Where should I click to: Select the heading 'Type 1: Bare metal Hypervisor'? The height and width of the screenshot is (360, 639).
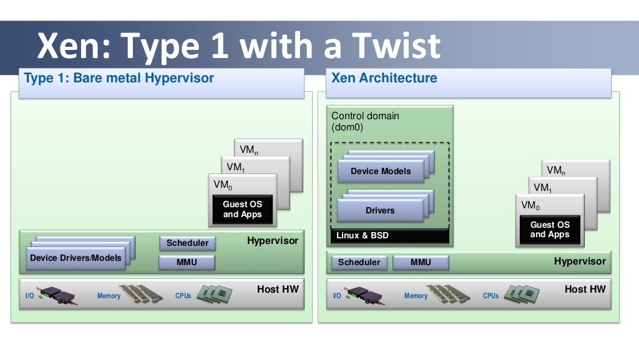pyautogui.click(x=119, y=79)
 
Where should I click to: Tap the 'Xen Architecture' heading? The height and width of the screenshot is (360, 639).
pyautogui.click(x=384, y=79)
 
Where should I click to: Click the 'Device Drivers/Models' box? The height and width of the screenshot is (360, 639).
pyautogui.click(x=76, y=258)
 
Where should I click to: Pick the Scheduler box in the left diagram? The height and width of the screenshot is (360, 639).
pyautogui.click(x=187, y=243)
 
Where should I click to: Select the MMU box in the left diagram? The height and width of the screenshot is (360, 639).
pyautogui.click(x=187, y=262)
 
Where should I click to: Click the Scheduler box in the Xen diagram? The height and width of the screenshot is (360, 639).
pyautogui.click(x=359, y=262)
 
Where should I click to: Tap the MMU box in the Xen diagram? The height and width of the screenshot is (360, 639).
pyautogui.click(x=421, y=262)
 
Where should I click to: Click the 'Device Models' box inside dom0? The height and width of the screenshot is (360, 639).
pyautogui.click(x=380, y=171)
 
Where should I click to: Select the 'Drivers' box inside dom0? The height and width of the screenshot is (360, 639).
pyautogui.click(x=380, y=210)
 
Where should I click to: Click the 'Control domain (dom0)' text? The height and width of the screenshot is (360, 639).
pyautogui.click(x=365, y=121)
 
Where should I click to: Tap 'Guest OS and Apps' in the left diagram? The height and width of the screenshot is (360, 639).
pyautogui.click(x=243, y=209)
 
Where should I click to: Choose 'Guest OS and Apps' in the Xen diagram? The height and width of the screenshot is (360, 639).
pyautogui.click(x=550, y=229)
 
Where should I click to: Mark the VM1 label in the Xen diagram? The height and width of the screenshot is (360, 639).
pyautogui.click(x=541, y=188)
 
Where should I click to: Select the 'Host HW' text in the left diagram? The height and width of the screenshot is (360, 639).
pyautogui.click(x=278, y=289)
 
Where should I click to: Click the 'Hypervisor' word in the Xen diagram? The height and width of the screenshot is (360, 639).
pyautogui.click(x=580, y=261)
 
